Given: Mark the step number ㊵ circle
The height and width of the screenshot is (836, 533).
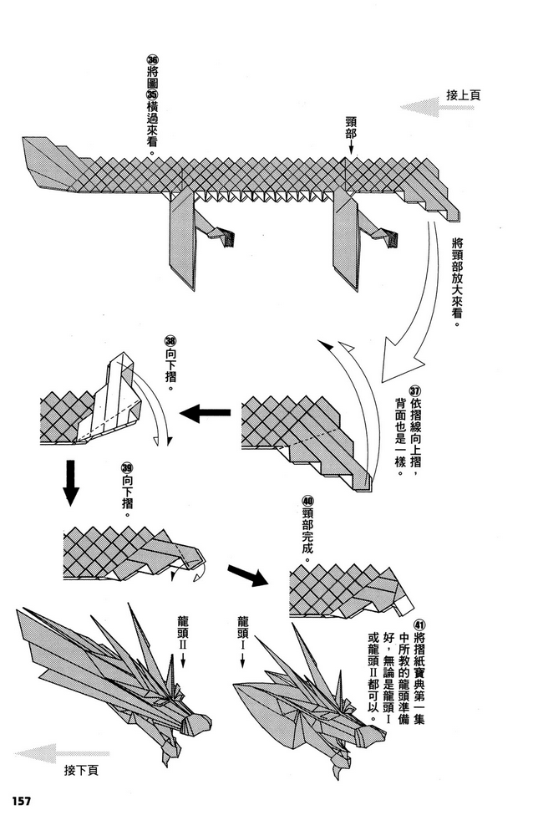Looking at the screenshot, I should [305, 502].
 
